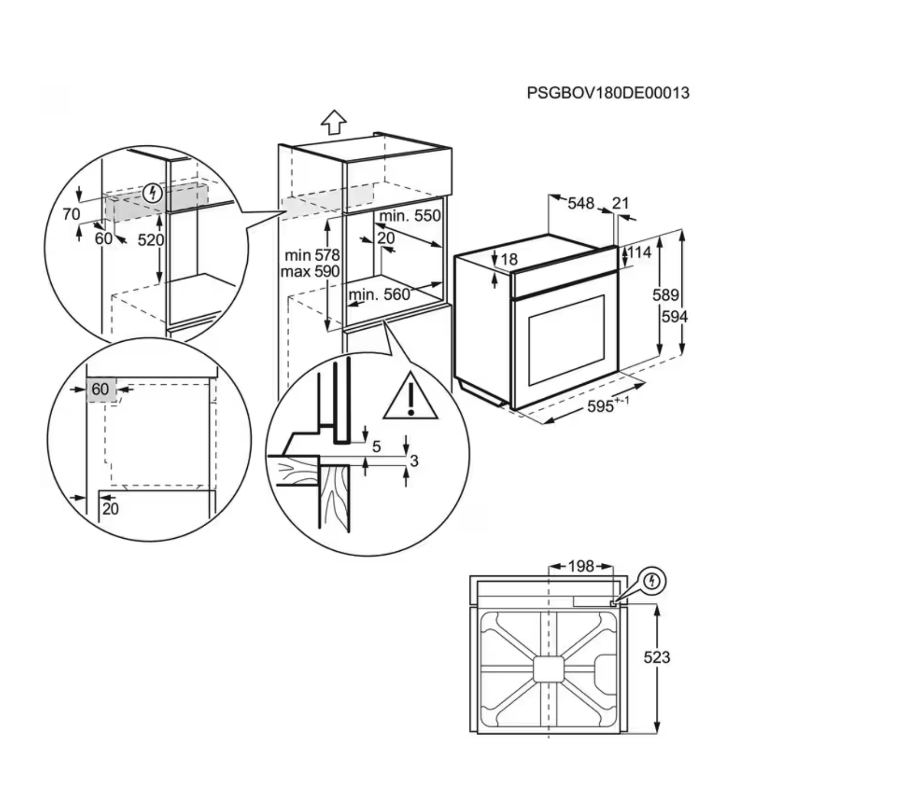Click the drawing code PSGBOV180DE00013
pyautogui.click(x=608, y=93)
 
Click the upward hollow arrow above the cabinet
pyautogui.click(x=333, y=122)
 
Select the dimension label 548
pyautogui.click(x=581, y=203)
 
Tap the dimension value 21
pyautogui.click(x=620, y=203)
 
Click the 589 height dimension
pyautogui.click(x=666, y=295)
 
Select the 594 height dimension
pyautogui.click(x=674, y=316)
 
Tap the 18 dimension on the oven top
pyautogui.click(x=509, y=260)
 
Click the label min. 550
pyautogui.click(x=410, y=216)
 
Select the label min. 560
pyautogui.click(x=379, y=295)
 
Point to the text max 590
pyautogui.click(x=310, y=271)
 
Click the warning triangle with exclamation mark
pyautogui.click(x=410, y=398)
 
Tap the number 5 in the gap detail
pyautogui.click(x=376, y=447)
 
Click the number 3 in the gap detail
pyautogui.click(x=414, y=461)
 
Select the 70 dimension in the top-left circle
pyautogui.click(x=71, y=214)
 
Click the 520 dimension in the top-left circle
pyautogui.click(x=150, y=240)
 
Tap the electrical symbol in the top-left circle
pyautogui.click(x=153, y=193)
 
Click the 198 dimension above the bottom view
pyautogui.click(x=581, y=567)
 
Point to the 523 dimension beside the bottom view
pyautogui.click(x=656, y=657)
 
